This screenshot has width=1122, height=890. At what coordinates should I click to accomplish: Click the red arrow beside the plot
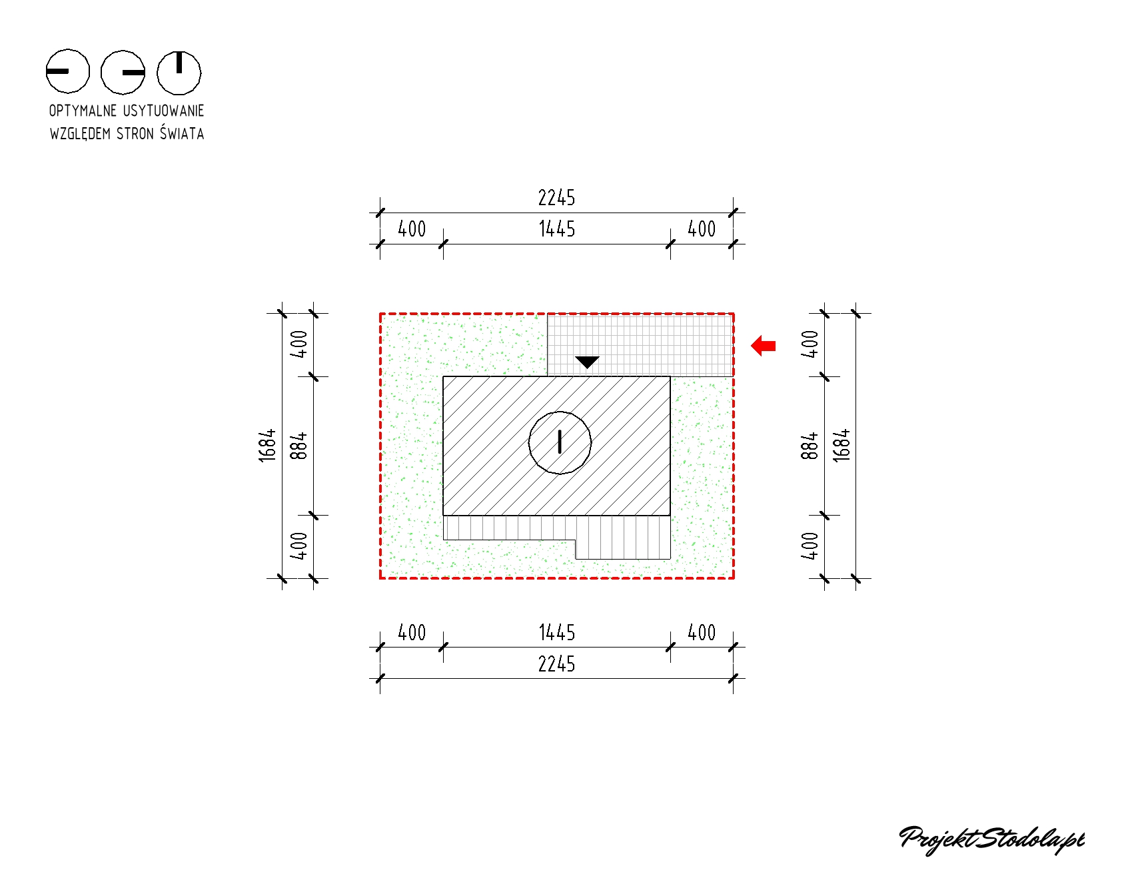(x=764, y=346)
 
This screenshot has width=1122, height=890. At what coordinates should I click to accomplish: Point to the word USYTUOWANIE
(x=163, y=111)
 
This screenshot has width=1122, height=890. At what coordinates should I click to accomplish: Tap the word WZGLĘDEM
(x=80, y=134)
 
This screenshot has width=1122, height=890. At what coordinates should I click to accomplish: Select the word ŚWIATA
(x=182, y=133)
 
